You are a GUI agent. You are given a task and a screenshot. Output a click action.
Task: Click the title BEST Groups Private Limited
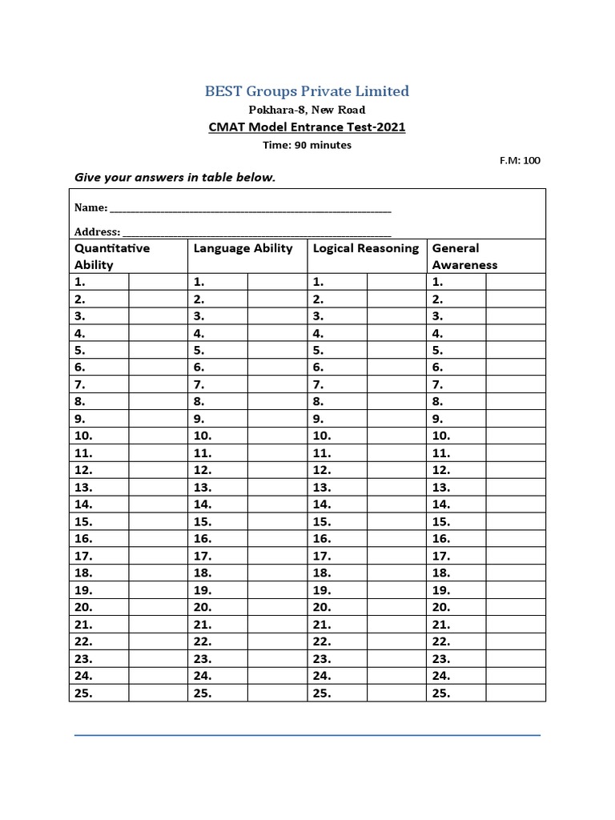[307, 91]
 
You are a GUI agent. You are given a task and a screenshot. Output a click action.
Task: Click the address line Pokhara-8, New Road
[307, 110]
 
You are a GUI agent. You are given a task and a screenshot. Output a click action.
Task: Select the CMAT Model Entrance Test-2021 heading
[307, 127]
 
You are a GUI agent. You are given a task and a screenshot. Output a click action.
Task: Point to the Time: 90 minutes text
[307, 145]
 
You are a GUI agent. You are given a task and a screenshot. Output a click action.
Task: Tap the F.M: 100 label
[520, 160]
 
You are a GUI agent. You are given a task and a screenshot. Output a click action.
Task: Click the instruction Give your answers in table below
[175, 177]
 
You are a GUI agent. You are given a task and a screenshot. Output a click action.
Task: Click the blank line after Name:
[251, 208]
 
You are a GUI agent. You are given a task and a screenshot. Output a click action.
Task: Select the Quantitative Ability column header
[112, 256]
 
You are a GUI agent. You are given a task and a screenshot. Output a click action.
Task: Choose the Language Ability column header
[243, 248]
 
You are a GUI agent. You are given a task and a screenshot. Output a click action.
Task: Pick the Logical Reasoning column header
[366, 248]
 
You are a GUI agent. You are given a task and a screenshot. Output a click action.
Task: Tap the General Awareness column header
[464, 256]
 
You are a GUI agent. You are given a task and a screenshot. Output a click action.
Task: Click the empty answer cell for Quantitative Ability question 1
[158, 282]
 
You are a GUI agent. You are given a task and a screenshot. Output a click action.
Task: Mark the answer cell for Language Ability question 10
[277, 436]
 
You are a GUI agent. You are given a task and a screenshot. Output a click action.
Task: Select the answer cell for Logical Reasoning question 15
[396, 522]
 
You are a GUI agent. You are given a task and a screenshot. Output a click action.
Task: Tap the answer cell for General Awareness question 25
[516, 693]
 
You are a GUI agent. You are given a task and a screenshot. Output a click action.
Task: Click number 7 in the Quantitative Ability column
[79, 385]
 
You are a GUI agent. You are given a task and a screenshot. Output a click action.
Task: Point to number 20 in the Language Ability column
[203, 608]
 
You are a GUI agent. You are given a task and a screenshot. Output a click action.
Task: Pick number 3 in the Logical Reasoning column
[318, 316]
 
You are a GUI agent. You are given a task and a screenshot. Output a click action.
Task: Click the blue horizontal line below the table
[307, 735]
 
